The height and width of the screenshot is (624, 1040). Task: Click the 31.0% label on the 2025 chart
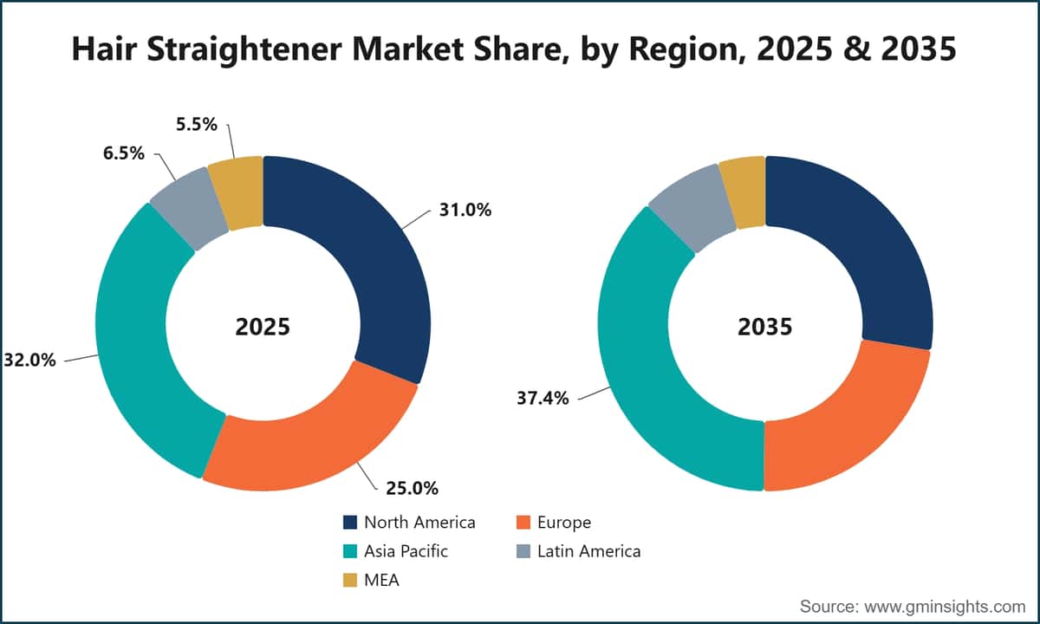465,211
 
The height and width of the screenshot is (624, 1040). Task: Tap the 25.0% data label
413,489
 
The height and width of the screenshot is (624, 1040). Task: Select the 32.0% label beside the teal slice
29,360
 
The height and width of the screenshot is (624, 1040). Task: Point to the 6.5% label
123,153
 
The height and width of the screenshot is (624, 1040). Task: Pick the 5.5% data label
197,125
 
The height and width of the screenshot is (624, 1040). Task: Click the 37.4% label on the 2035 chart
543,399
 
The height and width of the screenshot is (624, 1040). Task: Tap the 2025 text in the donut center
263,327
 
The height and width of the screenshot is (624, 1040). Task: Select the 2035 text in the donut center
765,327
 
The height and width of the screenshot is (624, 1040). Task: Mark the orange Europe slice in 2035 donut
849,427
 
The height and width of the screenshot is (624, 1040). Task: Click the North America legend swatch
350,523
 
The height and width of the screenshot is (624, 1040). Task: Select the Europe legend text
564,523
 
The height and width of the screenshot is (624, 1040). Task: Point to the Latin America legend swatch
523,551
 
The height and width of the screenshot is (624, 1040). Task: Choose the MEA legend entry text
381,581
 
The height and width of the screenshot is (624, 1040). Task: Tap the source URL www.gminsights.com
945,607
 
